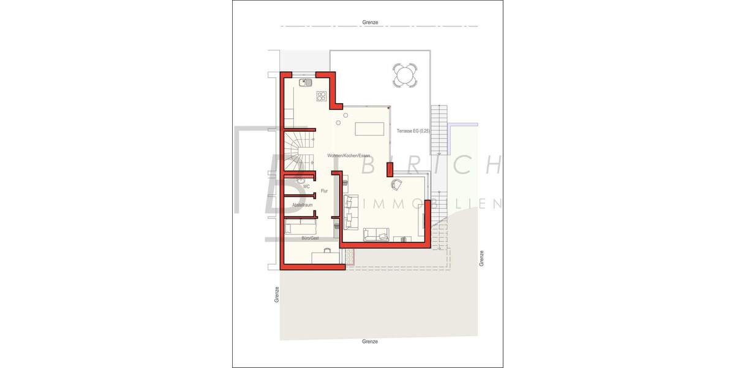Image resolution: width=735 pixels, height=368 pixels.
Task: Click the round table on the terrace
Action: click(x=404, y=76)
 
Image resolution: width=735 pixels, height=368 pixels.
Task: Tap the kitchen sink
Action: click(x=306, y=81)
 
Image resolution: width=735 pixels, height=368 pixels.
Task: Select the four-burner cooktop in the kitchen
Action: click(x=322, y=96)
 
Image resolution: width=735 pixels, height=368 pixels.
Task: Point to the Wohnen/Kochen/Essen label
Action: click(x=348, y=156)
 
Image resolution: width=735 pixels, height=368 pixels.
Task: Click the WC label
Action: click(x=306, y=186)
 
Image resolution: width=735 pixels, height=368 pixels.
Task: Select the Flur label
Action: click(x=324, y=191)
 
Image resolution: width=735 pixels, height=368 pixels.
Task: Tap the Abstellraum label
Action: click(x=303, y=205)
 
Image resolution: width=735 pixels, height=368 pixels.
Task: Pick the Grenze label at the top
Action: click(x=370, y=22)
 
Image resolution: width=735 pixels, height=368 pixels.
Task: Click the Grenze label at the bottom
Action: click(x=370, y=341)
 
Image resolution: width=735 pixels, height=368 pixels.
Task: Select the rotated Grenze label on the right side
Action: click(x=482, y=258)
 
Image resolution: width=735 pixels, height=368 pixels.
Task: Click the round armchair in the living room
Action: click(x=397, y=183)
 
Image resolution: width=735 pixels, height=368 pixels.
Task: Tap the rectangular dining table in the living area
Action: click(x=370, y=129)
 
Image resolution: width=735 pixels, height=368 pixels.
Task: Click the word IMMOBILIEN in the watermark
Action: click(x=432, y=204)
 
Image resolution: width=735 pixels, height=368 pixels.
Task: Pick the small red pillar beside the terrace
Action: click(x=389, y=169)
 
